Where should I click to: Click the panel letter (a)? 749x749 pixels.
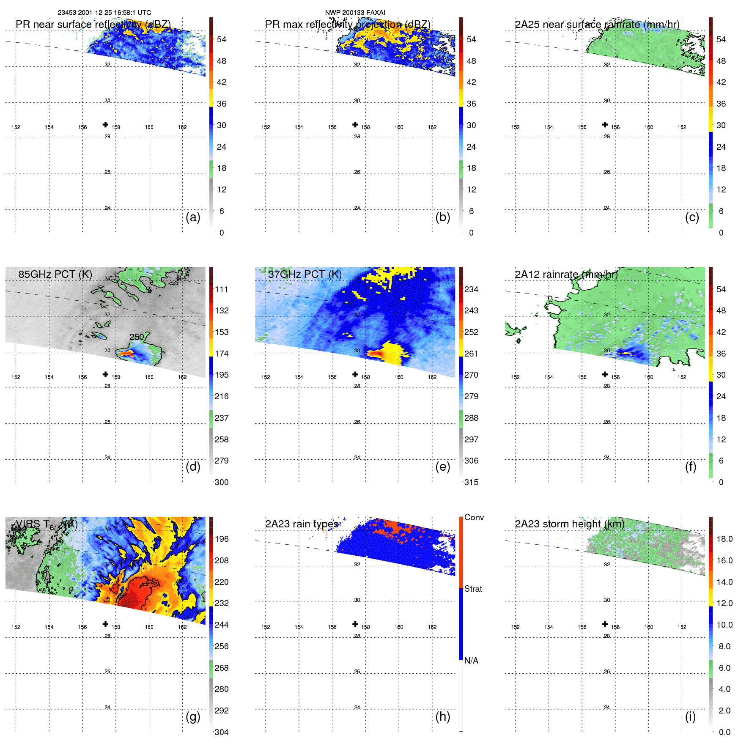pyautogui.click(x=193, y=217)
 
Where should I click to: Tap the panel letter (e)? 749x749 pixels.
pyautogui.click(x=442, y=467)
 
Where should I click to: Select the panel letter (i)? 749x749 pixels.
pyautogui.click(x=690, y=716)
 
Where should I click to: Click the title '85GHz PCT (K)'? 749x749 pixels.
pyautogui.click(x=55, y=274)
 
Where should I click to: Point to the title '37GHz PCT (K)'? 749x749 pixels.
pyautogui.click(x=305, y=274)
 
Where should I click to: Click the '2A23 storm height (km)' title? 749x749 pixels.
pyautogui.click(x=569, y=524)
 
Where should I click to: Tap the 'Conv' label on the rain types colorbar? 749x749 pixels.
pyautogui.click(x=474, y=517)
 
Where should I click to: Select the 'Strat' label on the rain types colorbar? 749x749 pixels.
pyautogui.click(x=473, y=589)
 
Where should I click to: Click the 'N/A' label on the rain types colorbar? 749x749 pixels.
pyautogui.click(x=471, y=661)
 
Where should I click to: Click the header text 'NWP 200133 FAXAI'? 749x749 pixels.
pyautogui.click(x=355, y=13)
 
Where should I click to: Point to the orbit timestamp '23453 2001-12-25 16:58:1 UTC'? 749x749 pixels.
pyautogui.click(x=104, y=13)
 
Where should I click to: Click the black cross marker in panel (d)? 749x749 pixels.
pyautogui.click(x=105, y=374)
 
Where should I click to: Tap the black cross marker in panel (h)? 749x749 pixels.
pyautogui.click(x=355, y=624)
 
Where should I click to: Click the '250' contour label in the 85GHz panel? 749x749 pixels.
pyautogui.click(x=137, y=337)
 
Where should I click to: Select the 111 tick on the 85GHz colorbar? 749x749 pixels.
pyautogui.click(x=221, y=289)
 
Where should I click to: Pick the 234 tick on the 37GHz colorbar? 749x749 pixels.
pyautogui.click(x=471, y=289)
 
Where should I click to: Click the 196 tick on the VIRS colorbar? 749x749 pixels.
pyautogui.click(x=221, y=539)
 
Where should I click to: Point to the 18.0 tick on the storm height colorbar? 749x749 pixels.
pyautogui.click(x=724, y=539)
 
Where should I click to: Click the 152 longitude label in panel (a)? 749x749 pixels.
pyautogui.click(x=16, y=127)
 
